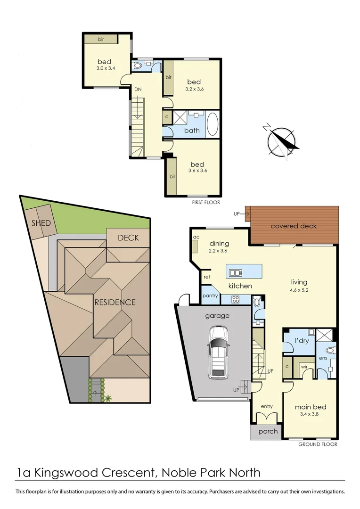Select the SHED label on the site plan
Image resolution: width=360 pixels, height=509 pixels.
41,222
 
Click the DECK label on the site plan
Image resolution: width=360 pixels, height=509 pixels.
128,238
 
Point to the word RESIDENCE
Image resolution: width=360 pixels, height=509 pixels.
115,303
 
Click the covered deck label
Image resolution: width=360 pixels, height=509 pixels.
294,226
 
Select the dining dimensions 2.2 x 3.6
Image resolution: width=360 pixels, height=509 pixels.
218,251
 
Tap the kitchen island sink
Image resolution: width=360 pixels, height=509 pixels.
234,272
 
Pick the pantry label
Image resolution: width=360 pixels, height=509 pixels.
210,296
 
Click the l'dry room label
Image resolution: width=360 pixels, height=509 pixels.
302,340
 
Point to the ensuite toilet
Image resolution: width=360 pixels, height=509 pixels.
330,351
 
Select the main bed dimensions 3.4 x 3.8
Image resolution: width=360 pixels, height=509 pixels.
311,415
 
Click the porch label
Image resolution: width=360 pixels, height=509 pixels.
268,431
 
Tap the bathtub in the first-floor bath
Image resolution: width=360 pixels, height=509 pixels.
213,124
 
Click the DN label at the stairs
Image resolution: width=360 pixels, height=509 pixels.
138,89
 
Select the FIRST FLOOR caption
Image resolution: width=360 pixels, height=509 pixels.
206,202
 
